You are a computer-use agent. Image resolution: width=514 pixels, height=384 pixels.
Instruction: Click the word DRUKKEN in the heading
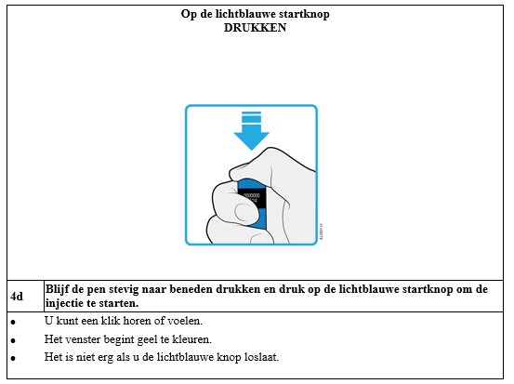[x=255, y=28]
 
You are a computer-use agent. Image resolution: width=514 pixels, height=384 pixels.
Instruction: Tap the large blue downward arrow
[x=252, y=131]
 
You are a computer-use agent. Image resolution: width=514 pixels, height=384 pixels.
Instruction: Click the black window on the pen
[x=252, y=198]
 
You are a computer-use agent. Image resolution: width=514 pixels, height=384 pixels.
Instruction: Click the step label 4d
[x=17, y=297]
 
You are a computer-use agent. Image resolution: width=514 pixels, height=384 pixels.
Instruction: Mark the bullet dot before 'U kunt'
[x=13, y=323]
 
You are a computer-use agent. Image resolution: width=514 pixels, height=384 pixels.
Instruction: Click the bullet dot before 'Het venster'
[x=13, y=340]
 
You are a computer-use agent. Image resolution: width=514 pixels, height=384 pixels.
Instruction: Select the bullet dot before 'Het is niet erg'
[x=13, y=358]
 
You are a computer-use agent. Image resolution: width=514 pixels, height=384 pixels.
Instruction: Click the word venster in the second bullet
[x=84, y=339]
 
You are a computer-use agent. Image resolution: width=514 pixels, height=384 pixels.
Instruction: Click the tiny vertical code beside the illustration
[x=321, y=232]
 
